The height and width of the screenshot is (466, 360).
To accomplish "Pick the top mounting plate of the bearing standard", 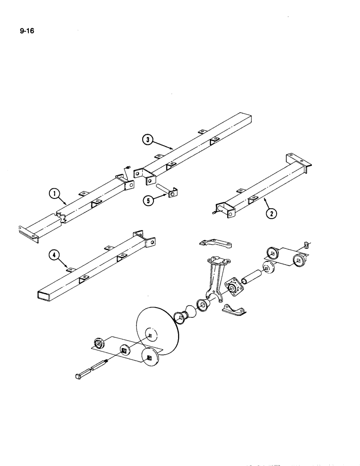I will point(215,259).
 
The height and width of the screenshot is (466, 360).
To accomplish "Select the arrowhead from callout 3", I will point(173,149).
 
